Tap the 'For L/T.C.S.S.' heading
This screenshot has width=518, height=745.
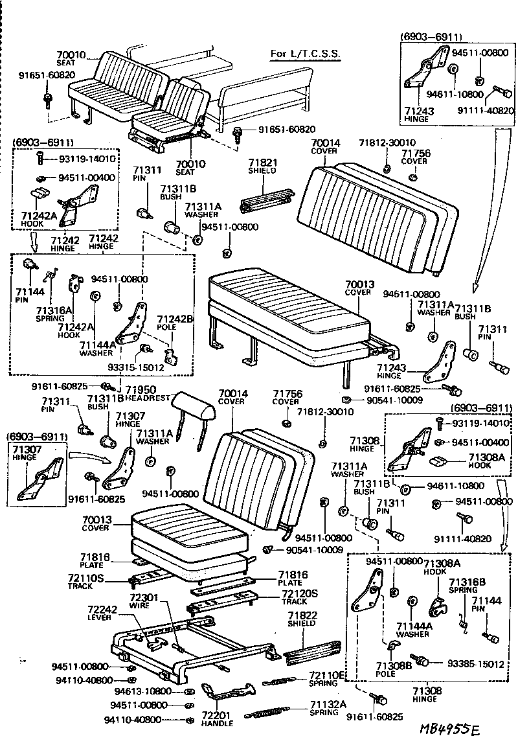pos(305,53)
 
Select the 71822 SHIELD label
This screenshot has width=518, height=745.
pos(302,619)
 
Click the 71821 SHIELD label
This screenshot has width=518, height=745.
pos(263,166)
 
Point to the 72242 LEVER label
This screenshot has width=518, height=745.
pos(101,613)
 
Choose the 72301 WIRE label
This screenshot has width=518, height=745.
pos(139,601)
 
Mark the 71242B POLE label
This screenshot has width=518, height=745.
pos(175,323)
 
